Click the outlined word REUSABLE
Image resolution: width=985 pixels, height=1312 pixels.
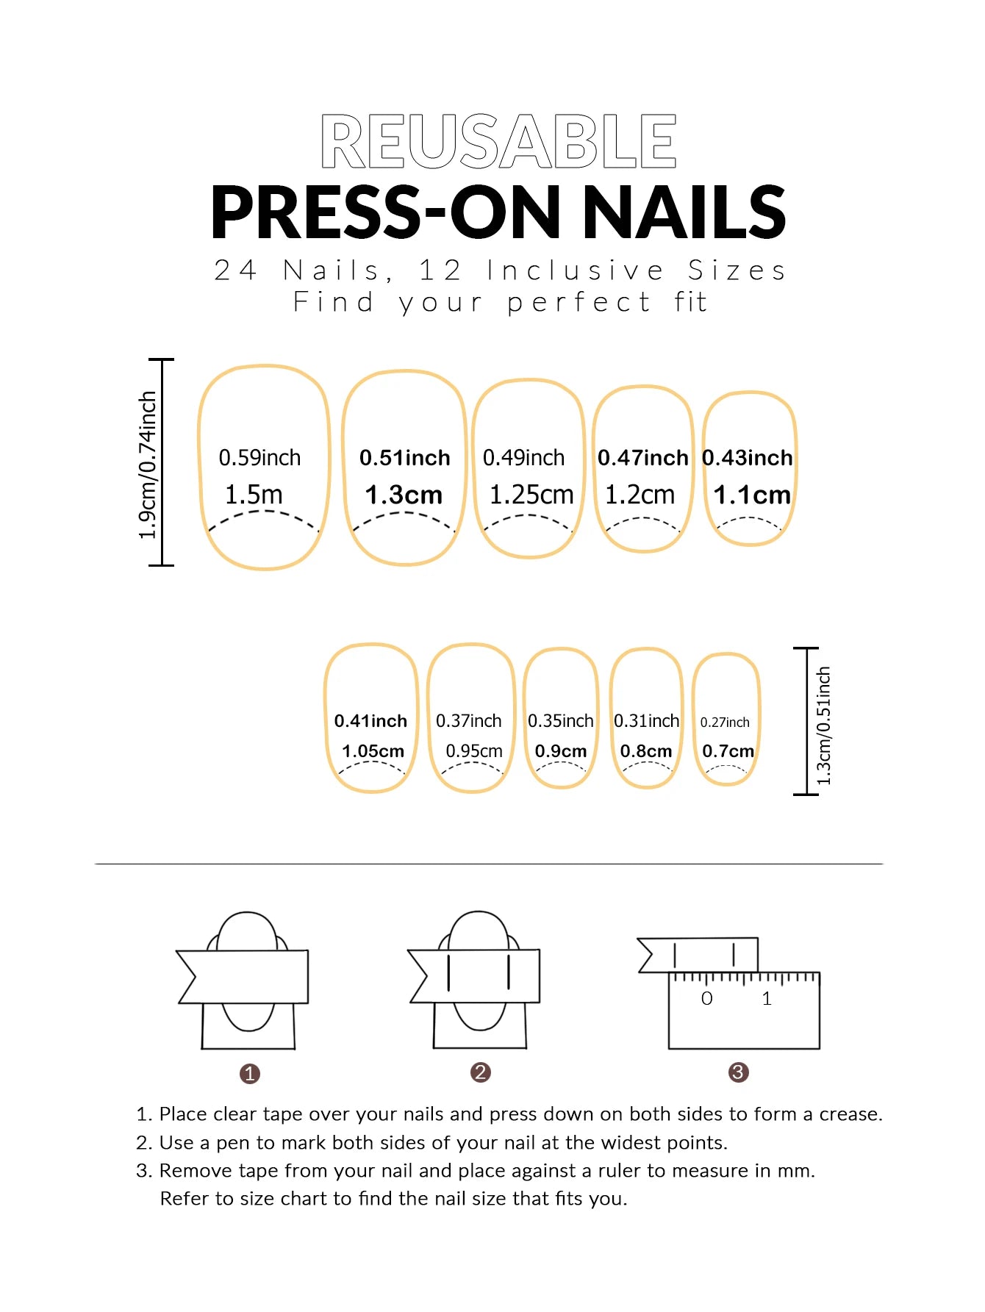[x=498, y=140]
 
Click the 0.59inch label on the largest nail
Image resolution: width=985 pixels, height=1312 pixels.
[x=259, y=457]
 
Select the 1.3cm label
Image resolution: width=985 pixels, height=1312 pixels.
[x=404, y=495]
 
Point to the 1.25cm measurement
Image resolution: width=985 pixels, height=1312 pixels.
[x=531, y=495]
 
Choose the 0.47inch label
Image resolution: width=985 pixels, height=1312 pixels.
[x=642, y=457]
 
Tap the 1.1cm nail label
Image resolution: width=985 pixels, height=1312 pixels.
[x=751, y=495]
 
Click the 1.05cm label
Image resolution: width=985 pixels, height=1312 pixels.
[x=373, y=751]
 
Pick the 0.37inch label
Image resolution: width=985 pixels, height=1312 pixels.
[x=468, y=721]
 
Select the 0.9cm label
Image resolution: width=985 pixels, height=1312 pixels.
[x=561, y=751]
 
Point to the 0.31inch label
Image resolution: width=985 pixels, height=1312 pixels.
[x=646, y=721]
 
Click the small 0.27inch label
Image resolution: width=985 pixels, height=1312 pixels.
[x=725, y=723]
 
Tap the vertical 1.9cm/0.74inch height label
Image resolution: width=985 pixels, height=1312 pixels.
[x=148, y=465]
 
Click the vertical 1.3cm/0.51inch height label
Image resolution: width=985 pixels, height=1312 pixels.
[x=824, y=725]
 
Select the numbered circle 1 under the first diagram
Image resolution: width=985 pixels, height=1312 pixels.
[x=250, y=1074]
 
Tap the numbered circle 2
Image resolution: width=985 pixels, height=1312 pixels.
[x=480, y=1072]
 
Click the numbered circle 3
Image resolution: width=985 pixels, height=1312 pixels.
[x=738, y=1072]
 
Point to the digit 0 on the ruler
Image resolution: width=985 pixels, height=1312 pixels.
[x=706, y=998]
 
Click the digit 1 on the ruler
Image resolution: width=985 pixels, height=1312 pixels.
[x=767, y=998]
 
